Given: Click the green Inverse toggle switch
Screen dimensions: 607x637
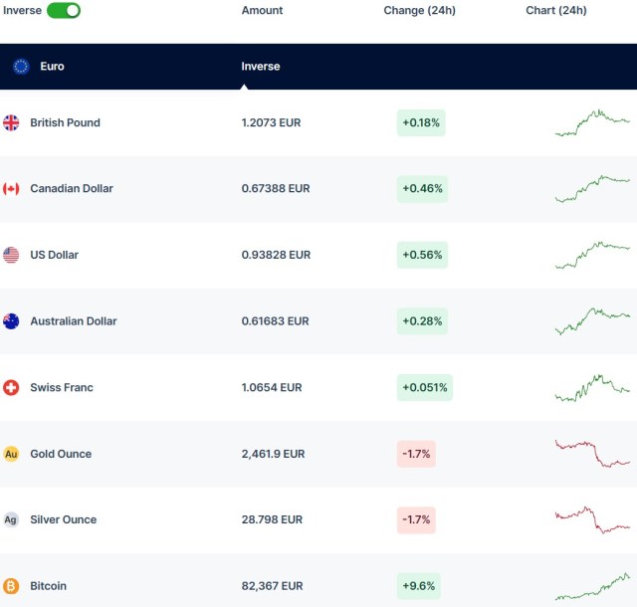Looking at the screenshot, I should pos(64,10).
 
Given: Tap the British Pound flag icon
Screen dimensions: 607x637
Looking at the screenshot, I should pos(11,122).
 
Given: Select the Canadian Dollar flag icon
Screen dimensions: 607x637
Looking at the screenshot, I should pos(11,189).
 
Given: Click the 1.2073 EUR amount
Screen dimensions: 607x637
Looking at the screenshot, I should pos(271,122).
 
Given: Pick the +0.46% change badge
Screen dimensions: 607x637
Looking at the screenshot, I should pos(422,189).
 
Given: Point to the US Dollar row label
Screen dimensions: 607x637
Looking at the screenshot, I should pos(54,255).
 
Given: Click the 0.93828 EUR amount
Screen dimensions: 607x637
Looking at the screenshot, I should pos(276,255).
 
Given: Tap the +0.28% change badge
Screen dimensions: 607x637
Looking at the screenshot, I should pos(422,321).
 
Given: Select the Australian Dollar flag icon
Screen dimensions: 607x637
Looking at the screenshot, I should pos(11,321).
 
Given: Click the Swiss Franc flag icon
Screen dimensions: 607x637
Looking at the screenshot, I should pos(11,387).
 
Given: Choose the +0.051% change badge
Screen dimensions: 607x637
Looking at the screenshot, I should pos(425,387).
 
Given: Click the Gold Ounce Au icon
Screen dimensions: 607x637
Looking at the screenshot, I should pos(11,454).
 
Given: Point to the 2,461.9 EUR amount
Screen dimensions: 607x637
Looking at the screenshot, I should pos(273,454).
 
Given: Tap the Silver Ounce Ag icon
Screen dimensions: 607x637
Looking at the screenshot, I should pos(11,519).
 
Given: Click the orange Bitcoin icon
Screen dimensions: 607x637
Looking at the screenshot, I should pos(11,586).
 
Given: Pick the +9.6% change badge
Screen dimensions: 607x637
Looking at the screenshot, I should pos(419,586).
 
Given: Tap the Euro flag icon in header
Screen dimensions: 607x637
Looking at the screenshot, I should pos(21,67).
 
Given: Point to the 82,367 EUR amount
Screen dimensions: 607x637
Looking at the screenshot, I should pos(272,586).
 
